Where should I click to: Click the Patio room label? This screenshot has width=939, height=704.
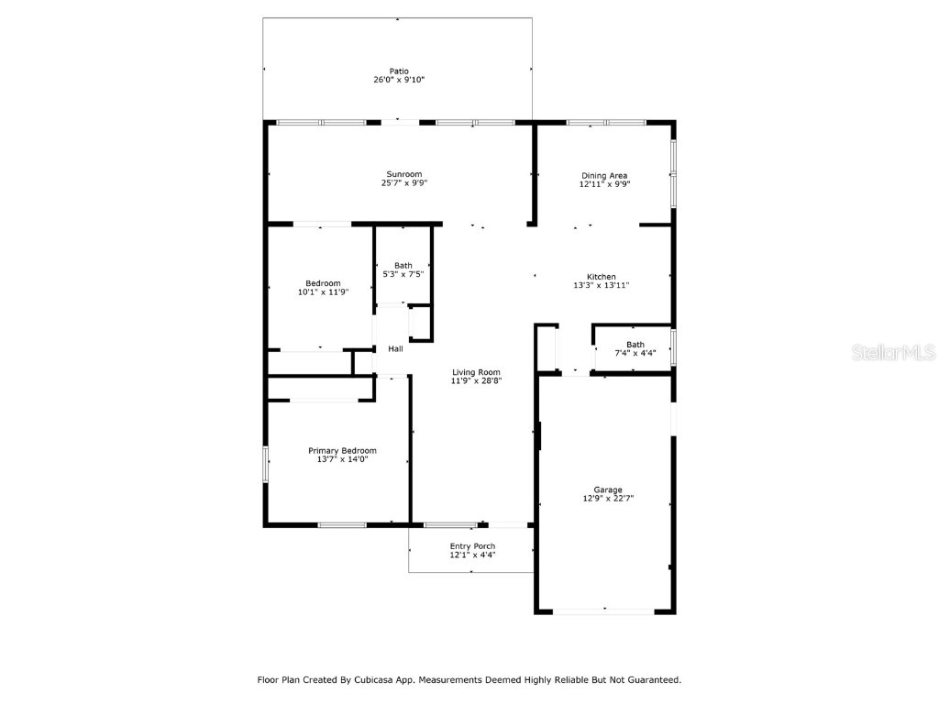[398, 71]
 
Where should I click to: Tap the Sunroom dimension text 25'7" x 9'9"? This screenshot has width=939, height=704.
[404, 183]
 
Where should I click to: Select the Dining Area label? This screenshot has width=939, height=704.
[604, 175]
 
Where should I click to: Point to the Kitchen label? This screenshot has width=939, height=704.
[602, 277]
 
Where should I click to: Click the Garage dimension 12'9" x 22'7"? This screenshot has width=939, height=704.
[608, 499]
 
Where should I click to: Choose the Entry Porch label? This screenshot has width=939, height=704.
[472, 546]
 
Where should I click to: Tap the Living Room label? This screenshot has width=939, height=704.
[476, 371]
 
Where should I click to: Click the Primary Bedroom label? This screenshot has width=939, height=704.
[342, 450]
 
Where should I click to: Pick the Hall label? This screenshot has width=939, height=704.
[395, 349]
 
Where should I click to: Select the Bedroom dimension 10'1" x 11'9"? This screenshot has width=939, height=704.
[323, 292]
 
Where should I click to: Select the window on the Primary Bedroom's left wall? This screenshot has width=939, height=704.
[266, 465]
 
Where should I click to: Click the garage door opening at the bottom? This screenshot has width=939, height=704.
[604, 611]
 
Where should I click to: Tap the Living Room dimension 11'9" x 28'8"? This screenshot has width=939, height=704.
[476, 380]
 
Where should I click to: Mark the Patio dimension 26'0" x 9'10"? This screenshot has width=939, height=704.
[398, 80]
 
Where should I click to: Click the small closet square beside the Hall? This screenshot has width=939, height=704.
[420, 324]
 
